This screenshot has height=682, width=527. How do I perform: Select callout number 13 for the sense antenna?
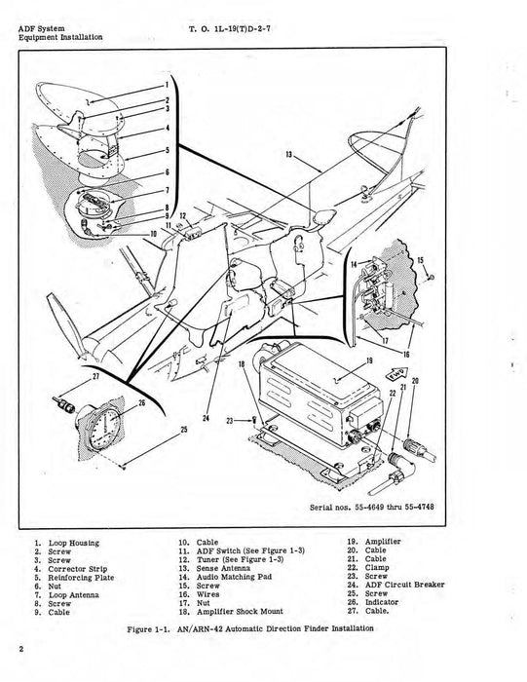(289, 154)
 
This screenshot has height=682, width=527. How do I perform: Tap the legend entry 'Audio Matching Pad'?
(227, 576)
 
